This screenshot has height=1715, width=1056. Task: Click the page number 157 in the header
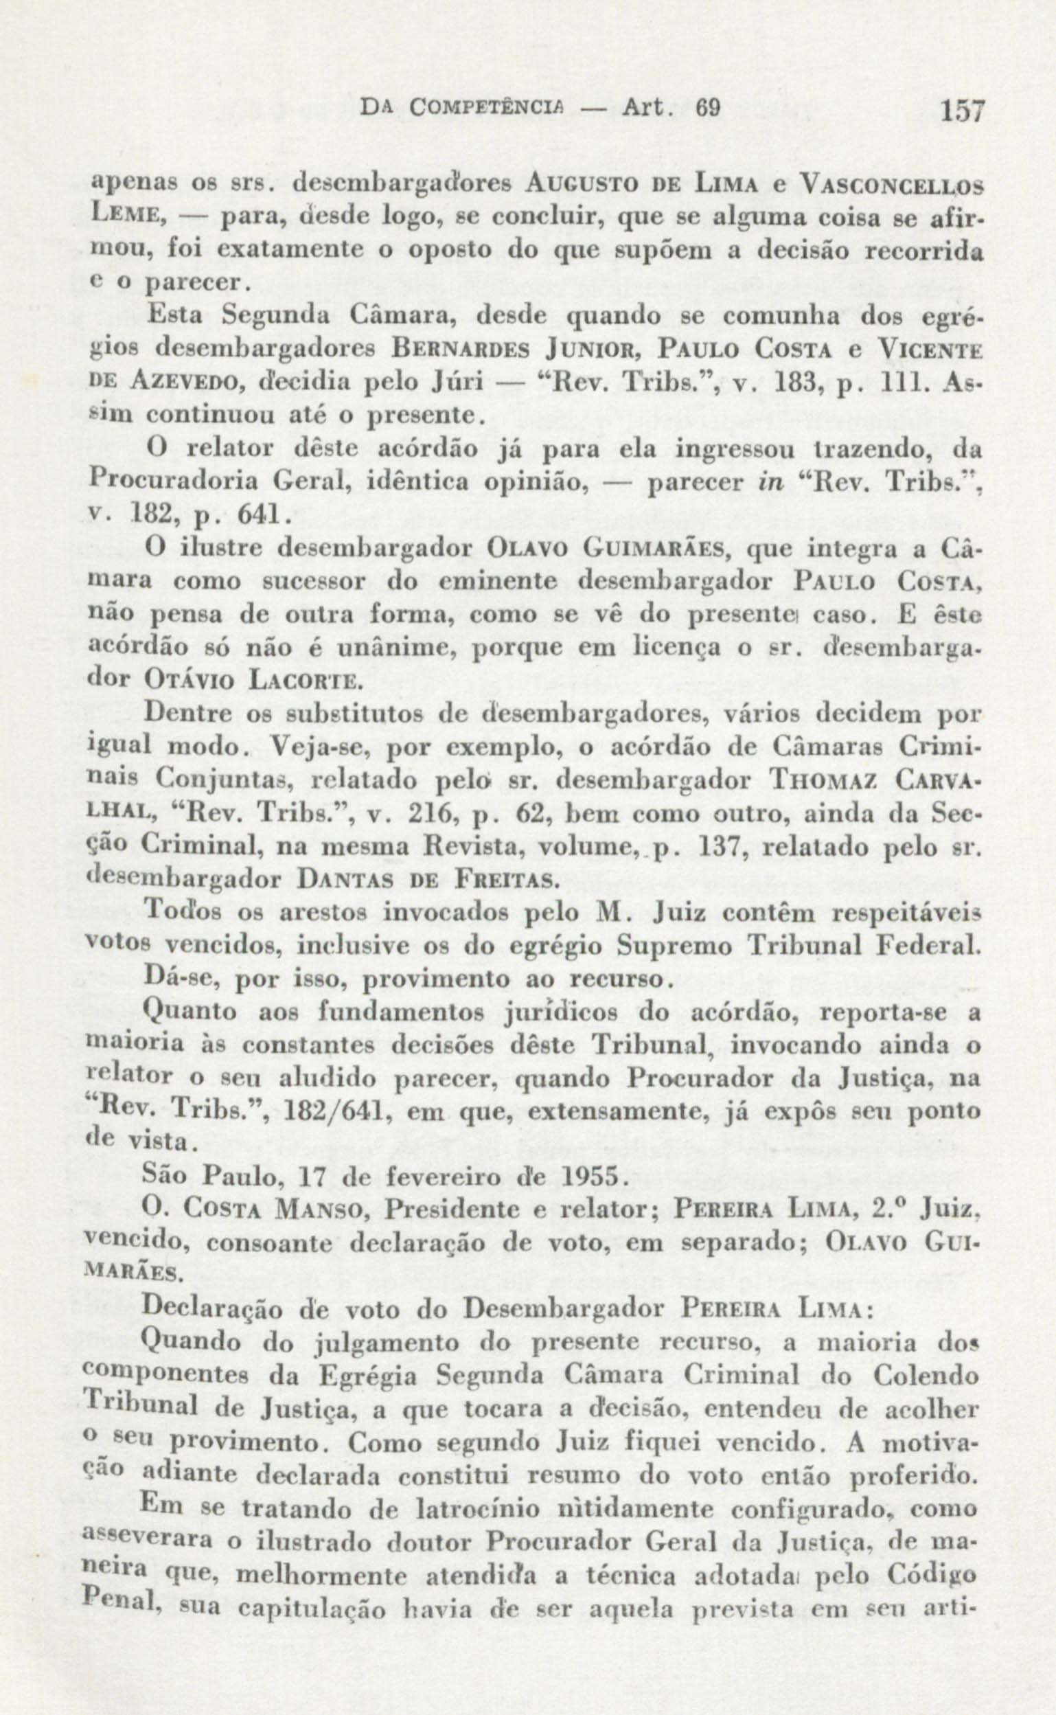click(x=962, y=111)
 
